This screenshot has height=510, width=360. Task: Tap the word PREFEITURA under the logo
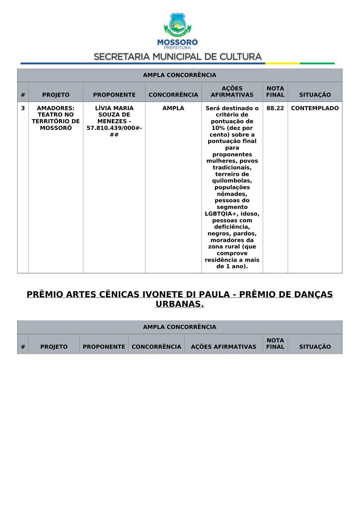coord(177,48)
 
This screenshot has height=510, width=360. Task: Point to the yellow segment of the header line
coord(282,63)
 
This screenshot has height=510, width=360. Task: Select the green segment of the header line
coord(317,63)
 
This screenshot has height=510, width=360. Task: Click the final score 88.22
coord(275,108)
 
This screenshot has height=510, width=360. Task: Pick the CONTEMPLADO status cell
coord(315,108)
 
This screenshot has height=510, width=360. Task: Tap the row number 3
coord(23,108)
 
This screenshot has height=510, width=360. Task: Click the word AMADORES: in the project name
coord(56,108)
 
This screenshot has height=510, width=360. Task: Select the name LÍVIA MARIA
coord(114,108)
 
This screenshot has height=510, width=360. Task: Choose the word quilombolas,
coord(232,181)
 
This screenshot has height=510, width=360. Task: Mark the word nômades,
coord(232,194)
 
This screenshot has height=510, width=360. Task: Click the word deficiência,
coord(232,227)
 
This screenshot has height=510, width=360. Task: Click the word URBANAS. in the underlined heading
coord(180,304)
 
